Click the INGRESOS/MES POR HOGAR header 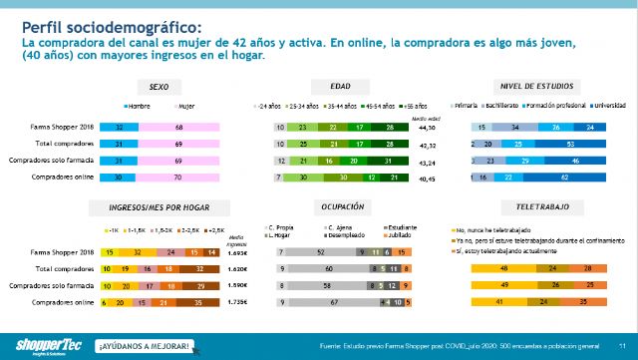158,206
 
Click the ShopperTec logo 40,345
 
